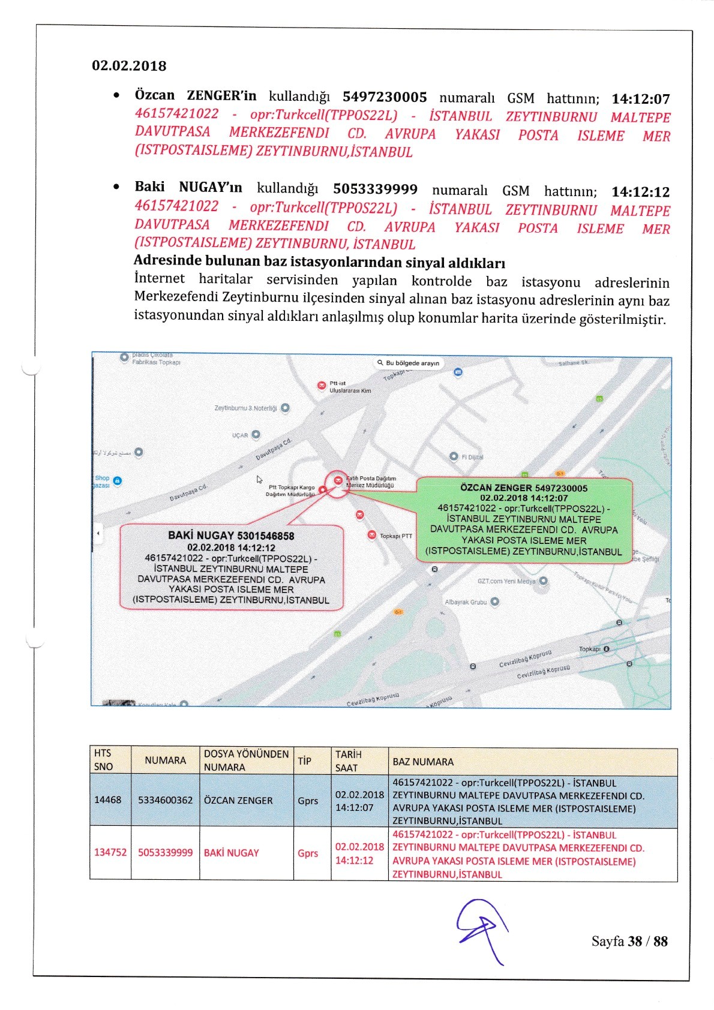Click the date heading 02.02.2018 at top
pyautogui.click(x=129, y=66)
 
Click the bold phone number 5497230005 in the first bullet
pyautogui.click(x=385, y=97)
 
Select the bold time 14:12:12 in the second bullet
pyautogui.click(x=640, y=192)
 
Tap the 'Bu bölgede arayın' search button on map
pyautogui.click(x=408, y=363)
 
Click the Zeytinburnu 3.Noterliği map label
pyautogui.click(x=246, y=408)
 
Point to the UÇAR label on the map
pyautogui.click(x=240, y=435)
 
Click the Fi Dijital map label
pyautogui.click(x=472, y=457)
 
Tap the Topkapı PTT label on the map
pyautogui.click(x=395, y=536)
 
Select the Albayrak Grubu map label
pyautogui.click(x=466, y=602)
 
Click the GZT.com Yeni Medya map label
pyautogui.click(x=506, y=581)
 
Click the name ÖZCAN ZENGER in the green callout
pyautogui.click(x=496, y=488)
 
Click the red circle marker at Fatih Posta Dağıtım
pyautogui.click(x=338, y=481)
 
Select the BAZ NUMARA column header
pyautogui.click(x=423, y=762)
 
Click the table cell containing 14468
pyautogui.click(x=107, y=800)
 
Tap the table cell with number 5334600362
pyautogui.click(x=165, y=800)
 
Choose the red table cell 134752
pyautogui.click(x=110, y=852)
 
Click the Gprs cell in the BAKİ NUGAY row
pyautogui.click(x=308, y=853)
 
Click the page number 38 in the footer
pyautogui.click(x=635, y=941)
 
